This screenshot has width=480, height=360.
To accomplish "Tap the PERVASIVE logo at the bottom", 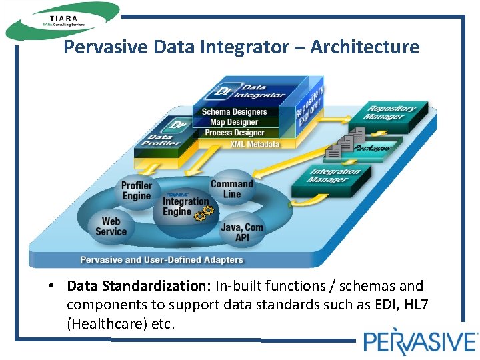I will [x=420, y=341].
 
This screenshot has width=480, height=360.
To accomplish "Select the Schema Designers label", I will [x=234, y=112].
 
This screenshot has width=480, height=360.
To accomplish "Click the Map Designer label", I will [x=234, y=122].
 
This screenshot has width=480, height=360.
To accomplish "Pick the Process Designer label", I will [x=235, y=133].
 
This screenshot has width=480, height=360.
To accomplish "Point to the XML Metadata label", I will [x=255, y=144].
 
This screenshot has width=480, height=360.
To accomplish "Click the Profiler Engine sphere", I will [x=137, y=191].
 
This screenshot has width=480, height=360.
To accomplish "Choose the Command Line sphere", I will [x=232, y=189].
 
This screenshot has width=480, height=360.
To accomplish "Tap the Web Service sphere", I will [x=111, y=227].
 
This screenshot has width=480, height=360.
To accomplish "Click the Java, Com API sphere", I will [x=241, y=231].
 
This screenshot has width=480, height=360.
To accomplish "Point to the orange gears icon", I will [x=203, y=213].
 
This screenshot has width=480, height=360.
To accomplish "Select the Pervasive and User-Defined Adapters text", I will [x=161, y=259].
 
